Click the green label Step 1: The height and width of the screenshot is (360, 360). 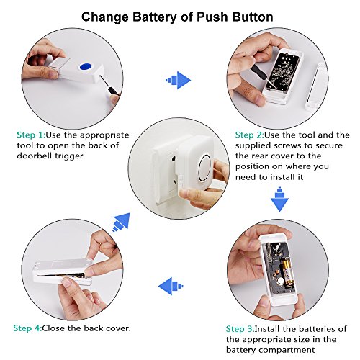click(x=31, y=134)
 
